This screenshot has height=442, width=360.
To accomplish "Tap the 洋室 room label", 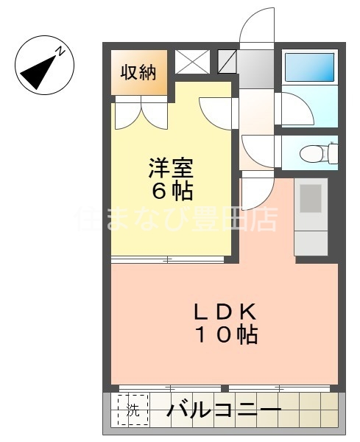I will [171, 168].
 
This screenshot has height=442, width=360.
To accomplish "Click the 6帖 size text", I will [171, 192].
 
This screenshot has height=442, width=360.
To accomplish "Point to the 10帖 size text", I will [225, 335].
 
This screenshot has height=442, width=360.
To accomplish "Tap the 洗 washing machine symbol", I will [133, 410].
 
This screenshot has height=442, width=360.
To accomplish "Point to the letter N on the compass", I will [63, 52].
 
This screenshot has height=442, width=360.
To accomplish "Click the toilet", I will [318, 153].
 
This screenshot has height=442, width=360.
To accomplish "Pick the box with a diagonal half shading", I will [227, 62].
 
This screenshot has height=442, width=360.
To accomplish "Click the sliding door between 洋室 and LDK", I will [168, 259].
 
